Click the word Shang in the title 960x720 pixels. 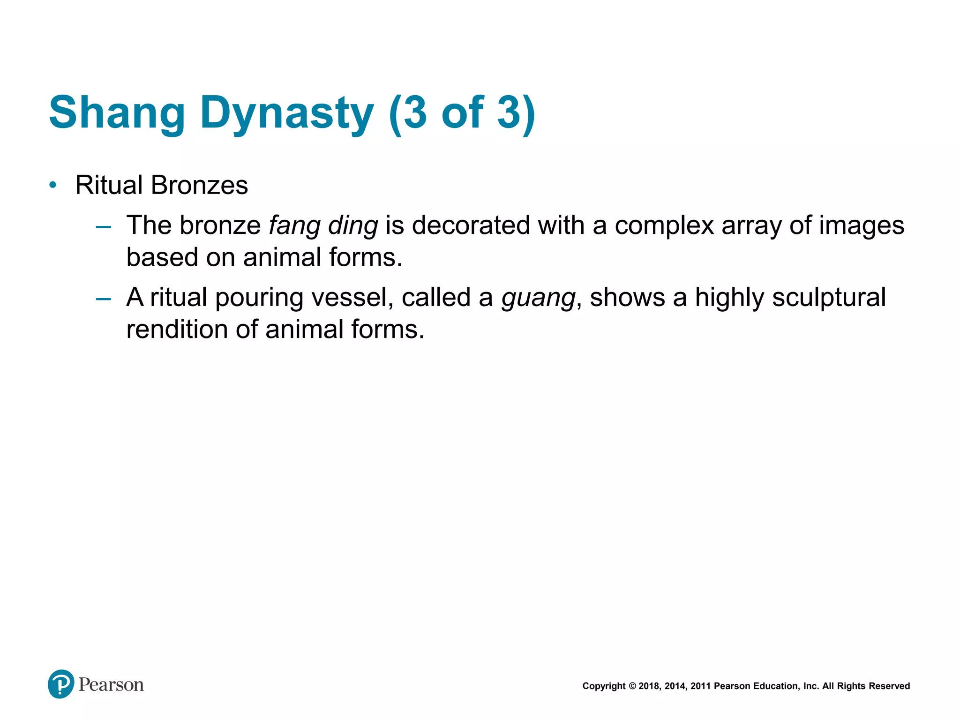(117, 112)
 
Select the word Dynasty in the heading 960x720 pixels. (287, 112)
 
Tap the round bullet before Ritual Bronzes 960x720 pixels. (53, 185)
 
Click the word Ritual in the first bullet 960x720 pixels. (109, 185)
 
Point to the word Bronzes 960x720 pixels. (200, 185)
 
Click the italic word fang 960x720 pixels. (294, 226)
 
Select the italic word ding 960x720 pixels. (353, 226)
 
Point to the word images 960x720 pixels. (862, 225)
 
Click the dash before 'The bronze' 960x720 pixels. (103, 227)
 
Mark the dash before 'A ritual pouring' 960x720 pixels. (103, 299)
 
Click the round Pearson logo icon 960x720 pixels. (61, 684)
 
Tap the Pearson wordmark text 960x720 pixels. (111, 685)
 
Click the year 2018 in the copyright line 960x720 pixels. (649, 686)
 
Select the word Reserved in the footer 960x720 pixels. (889, 686)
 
